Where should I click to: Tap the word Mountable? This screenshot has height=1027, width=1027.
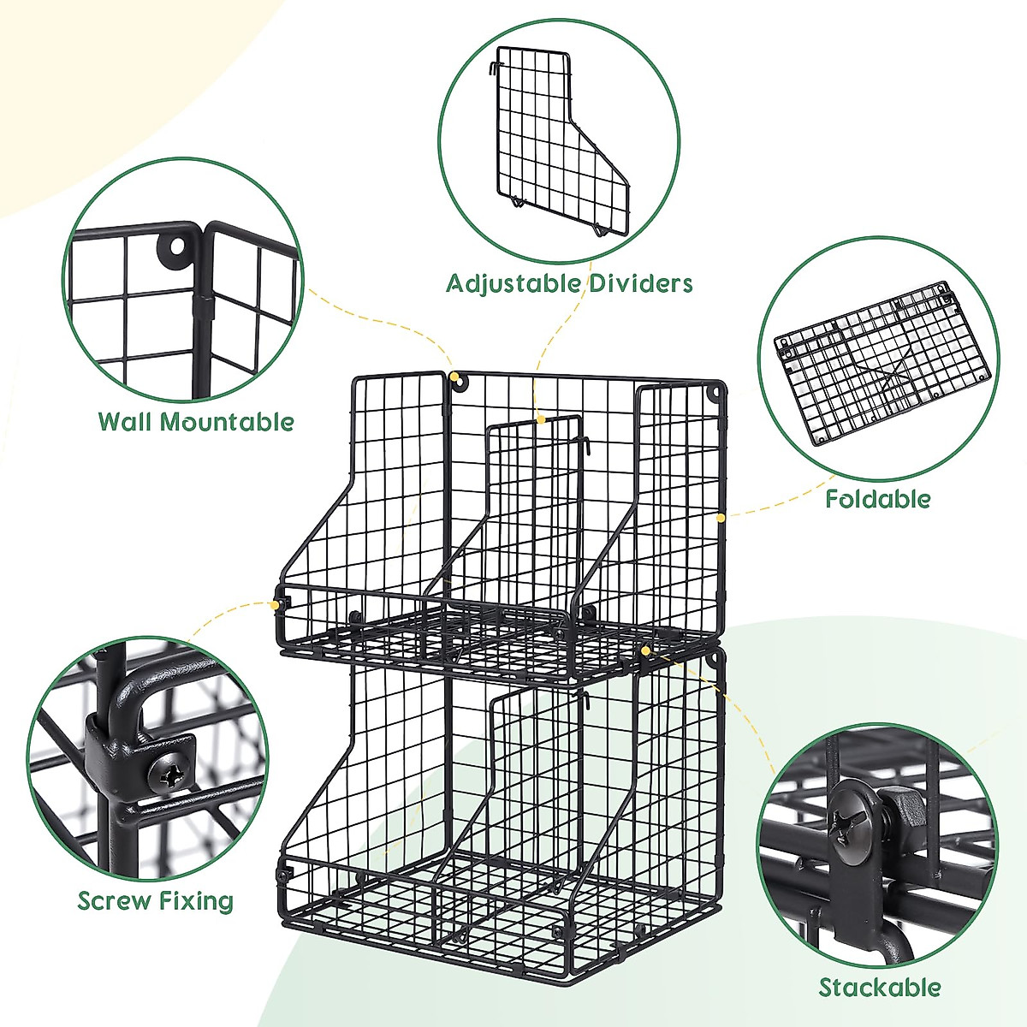[x=227, y=422]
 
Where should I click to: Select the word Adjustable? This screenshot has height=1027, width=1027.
[x=514, y=283]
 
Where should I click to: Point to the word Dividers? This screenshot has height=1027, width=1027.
[x=641, y=283]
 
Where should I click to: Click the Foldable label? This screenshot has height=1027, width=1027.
[x=877, y=499]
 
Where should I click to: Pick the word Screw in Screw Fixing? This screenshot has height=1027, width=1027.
[x=112, y=901]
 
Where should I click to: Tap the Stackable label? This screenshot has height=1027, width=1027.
[x=880, y=988]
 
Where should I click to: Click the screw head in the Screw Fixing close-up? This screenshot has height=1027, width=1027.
[x=167, y=775]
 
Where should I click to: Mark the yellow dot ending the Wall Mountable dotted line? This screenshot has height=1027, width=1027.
[x=453, y=375]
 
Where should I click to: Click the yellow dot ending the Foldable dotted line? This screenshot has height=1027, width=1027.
[x=720, y=517]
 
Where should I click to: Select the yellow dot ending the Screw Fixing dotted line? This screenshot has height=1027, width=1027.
[x=275, y=604]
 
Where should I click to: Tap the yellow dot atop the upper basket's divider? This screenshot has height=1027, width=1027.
[x=541, y=419]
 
